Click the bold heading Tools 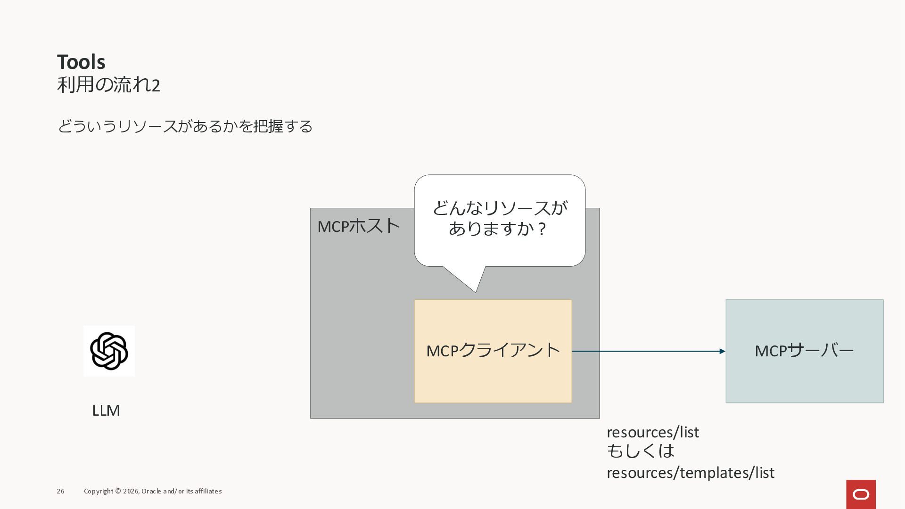point(81,62)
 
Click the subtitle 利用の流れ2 point(108,85)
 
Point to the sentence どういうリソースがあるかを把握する point(185,126)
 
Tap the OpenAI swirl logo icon point(109,351)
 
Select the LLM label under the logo point(106,410)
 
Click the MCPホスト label point(358,226)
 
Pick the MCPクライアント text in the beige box point(493,351)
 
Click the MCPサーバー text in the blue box point(804,351)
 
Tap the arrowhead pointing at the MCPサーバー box point(722,351)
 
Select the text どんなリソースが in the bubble point(500,208)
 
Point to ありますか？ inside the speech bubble point(498,229)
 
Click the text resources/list point(653,432)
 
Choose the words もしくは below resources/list point(641,452)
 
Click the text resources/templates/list point(690,473)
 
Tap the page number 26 point(60,491)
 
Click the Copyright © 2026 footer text point(111,491)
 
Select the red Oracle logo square point(861,494)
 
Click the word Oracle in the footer point(151,491)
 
